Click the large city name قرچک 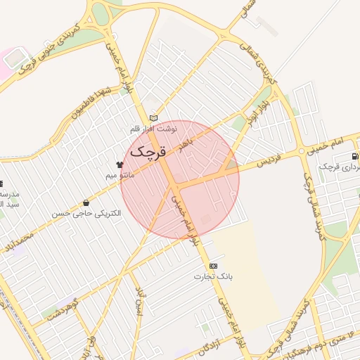pos(146,150)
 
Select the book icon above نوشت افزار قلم pos(154,118)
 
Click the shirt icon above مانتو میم pos(119,164)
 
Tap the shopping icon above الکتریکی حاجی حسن pos(86,202)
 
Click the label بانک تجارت pos(214,276)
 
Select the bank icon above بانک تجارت pos(213,266)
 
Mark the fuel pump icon pos(356,156)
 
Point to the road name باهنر pos(184,146)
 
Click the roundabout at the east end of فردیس pos(300,151)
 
